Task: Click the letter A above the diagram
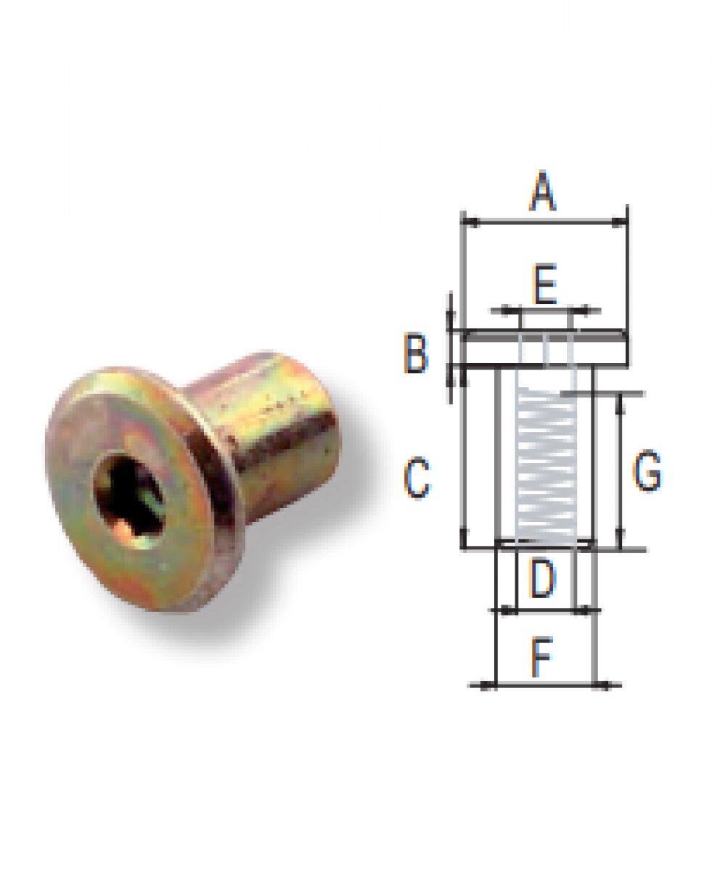(x=543, y=193)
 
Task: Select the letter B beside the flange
(x=416, y=355)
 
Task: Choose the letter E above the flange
(x=544, y=285)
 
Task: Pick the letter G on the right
(x=647, y=472)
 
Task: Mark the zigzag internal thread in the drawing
(x=544, y=465)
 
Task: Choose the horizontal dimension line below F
(x=544, y=684)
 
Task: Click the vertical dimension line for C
(x=462, y=465)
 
